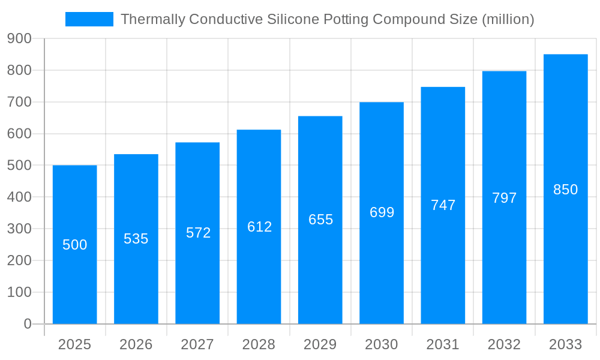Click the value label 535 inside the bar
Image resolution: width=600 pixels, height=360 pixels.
pyautogui.click(x=136, y=239)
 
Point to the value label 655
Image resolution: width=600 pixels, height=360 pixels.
pyautogui.click(x=320, y=220)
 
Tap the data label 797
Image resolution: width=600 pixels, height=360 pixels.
pyautogui.click(x=504, y=198)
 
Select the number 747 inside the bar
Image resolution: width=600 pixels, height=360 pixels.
pyautogui.click(x=443, y=205)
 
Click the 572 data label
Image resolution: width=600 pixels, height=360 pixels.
pyautogui.click(x=198, y=233)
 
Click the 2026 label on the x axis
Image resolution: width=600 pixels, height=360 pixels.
pyautogui.click(x=136, y=344)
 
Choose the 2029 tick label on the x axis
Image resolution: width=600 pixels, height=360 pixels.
pyautogui.click(x=320, y=344)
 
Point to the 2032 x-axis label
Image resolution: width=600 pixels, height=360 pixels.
pyautogui.click(x=504, y=344)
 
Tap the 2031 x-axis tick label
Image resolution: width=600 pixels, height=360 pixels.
pyautogui.click(x=442, y=344)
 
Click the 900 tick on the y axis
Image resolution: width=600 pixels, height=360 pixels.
pyautogui.click(x=20, y=38)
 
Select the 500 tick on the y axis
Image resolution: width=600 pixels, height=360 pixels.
pyautogui.click(x=20, y=166)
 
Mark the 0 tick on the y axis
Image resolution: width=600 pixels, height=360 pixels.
pyautogui.click(x=28, y=324)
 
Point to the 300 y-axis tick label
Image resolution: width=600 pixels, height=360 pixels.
pyautogui.click(x=20, y=229)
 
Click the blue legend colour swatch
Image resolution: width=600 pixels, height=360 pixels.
pyautogui.click(x=89, y=19)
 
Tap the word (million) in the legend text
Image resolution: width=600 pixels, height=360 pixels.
pyautogui.click(x=508, y=19)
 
